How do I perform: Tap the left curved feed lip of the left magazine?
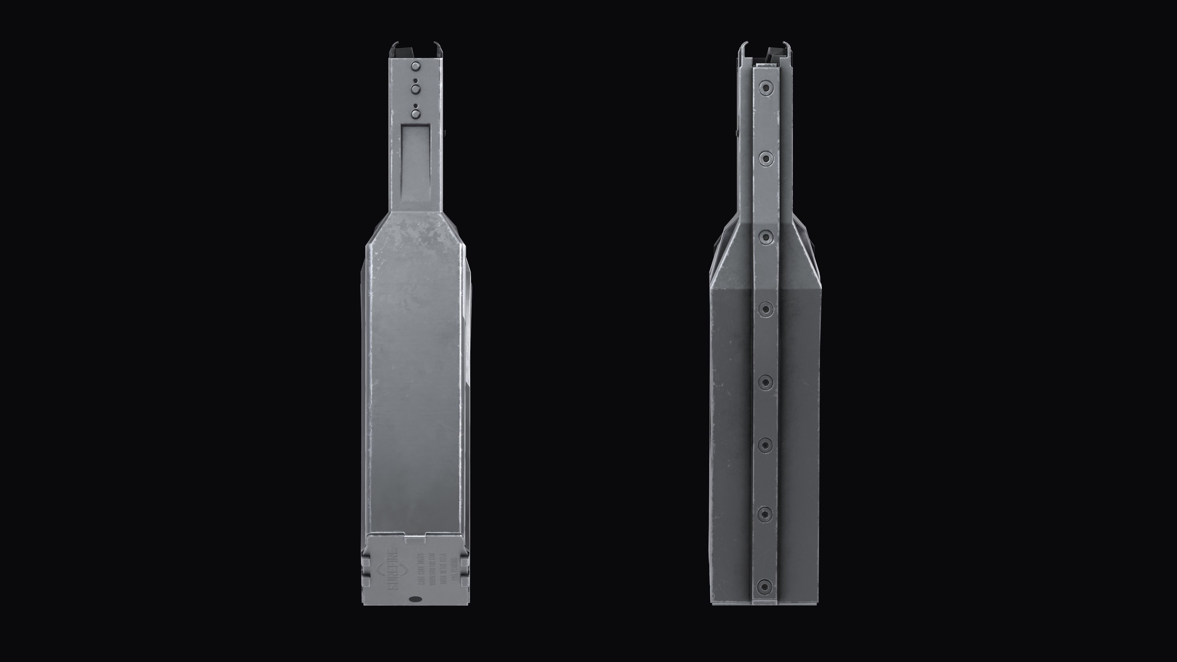pyautogui.click(x=394, y=48)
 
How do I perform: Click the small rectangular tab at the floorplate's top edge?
pyautogui.click(x=415, y=540)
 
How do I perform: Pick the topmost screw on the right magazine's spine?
pyautogui.click(x=765, y=87)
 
